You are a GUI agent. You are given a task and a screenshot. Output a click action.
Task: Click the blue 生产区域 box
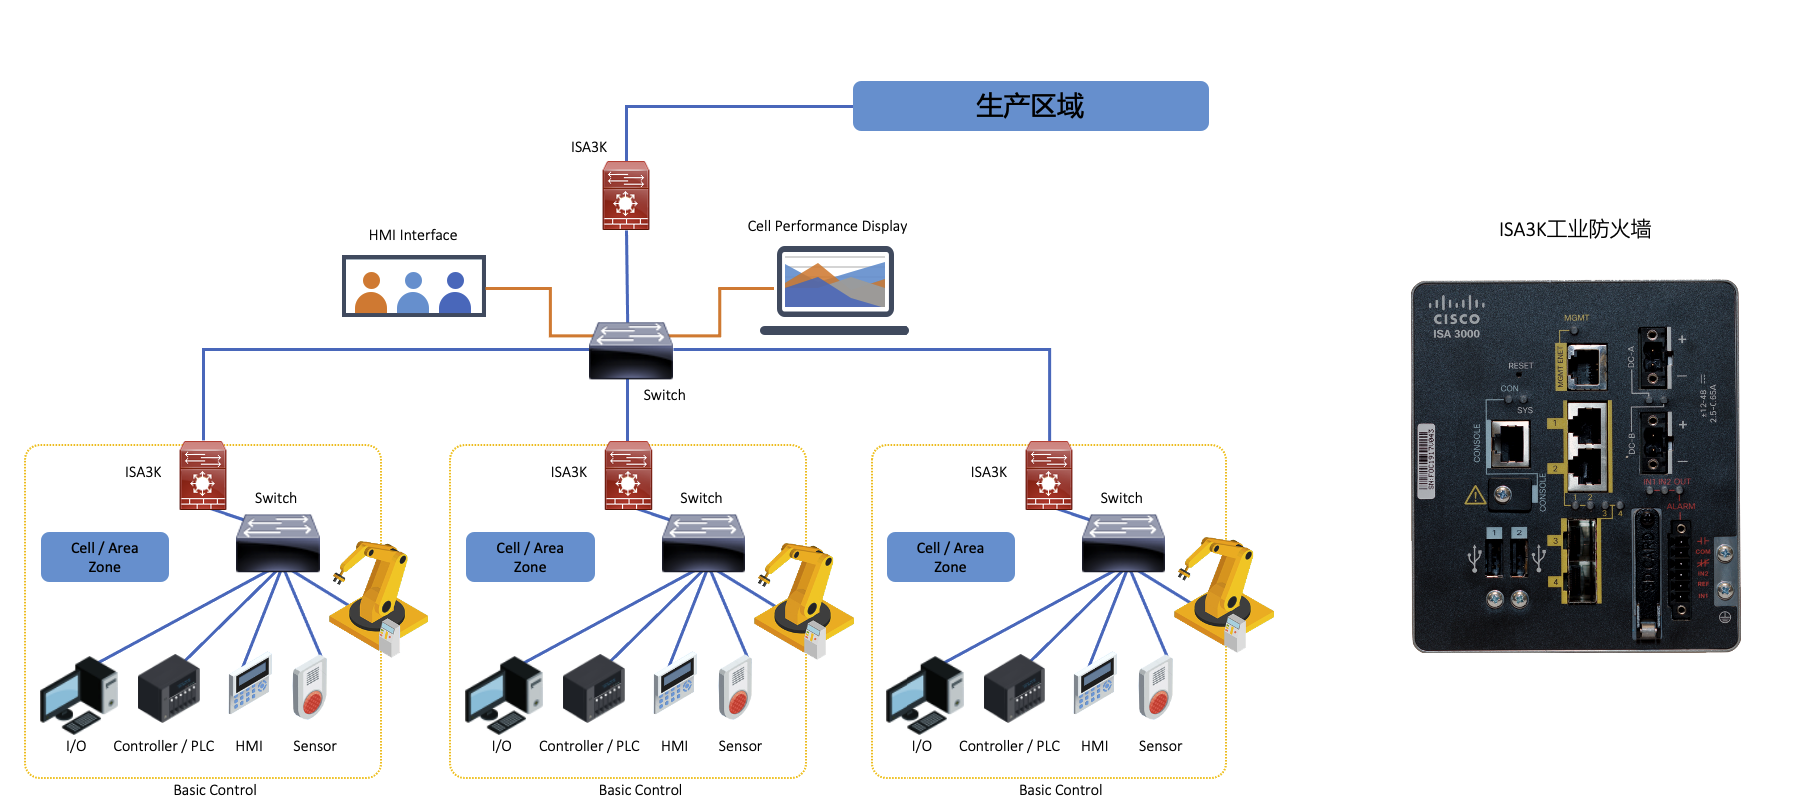(1029, 106)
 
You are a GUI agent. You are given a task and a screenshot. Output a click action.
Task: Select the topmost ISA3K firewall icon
(626, 196)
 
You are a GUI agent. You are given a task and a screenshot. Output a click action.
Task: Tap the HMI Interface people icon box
(414, 286)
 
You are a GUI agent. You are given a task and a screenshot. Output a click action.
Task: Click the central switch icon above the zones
(631, 350)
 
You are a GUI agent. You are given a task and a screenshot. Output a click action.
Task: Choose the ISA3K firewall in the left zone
(203, 476)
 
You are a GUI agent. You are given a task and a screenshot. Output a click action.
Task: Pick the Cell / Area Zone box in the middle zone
(530, 557)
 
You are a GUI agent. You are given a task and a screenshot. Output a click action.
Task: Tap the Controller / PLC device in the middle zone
(594, 689)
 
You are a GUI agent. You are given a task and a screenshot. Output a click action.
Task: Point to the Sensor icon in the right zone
(1155, 688)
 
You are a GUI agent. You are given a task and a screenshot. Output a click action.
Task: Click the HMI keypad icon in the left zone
(249, 685)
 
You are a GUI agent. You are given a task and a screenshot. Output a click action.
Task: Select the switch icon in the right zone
(1124, 543)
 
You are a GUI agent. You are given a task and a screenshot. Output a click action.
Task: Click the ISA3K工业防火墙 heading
(1574, 230)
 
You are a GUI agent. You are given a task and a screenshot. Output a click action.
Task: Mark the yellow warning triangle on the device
(1475, 495)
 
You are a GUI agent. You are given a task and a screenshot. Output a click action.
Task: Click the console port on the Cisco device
(1509, 443)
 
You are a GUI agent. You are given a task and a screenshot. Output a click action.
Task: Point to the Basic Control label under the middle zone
(640, 790)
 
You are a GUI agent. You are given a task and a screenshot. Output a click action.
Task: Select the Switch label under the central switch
(664, 395)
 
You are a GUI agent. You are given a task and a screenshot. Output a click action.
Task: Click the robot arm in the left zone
(380, 595)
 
